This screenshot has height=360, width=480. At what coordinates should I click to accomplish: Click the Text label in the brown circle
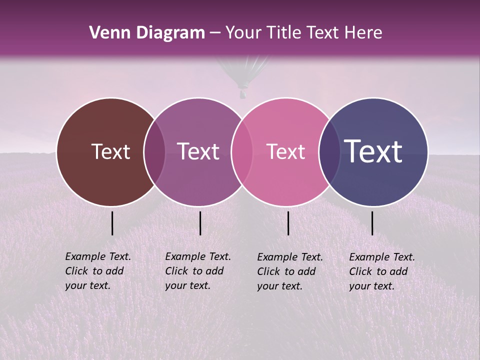[x=110, y=151]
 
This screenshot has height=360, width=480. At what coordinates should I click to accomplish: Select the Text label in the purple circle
[x=198, y=151]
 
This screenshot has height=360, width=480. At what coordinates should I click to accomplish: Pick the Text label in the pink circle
[x=285, y=151]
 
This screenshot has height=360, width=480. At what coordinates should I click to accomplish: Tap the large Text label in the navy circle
[x=373, y=151]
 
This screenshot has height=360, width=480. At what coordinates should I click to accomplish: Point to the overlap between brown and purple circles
[x=154, y=151]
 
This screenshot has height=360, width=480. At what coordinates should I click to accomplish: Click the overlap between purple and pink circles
[x=242, y=151]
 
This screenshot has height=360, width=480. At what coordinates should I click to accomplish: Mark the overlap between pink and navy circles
[x=329, y=151]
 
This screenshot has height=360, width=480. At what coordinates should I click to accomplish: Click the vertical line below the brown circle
[x=112, y=223]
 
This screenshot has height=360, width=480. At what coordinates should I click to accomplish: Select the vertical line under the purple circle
[x=200, y=223]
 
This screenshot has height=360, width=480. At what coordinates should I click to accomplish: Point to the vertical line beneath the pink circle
[x=288, y=223]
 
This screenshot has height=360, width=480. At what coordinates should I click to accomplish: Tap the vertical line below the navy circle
[x=372, y=223]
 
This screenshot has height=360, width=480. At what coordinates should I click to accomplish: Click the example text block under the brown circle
[x=97, y=271]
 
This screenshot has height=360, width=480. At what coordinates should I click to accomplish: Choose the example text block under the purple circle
[x=197, y=271]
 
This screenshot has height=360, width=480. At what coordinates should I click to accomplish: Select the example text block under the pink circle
[x=289, y=271]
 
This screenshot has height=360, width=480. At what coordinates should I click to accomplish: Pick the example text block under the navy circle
[x=381, y=271]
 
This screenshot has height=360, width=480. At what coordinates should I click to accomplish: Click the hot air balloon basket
[x=243, y=93]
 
